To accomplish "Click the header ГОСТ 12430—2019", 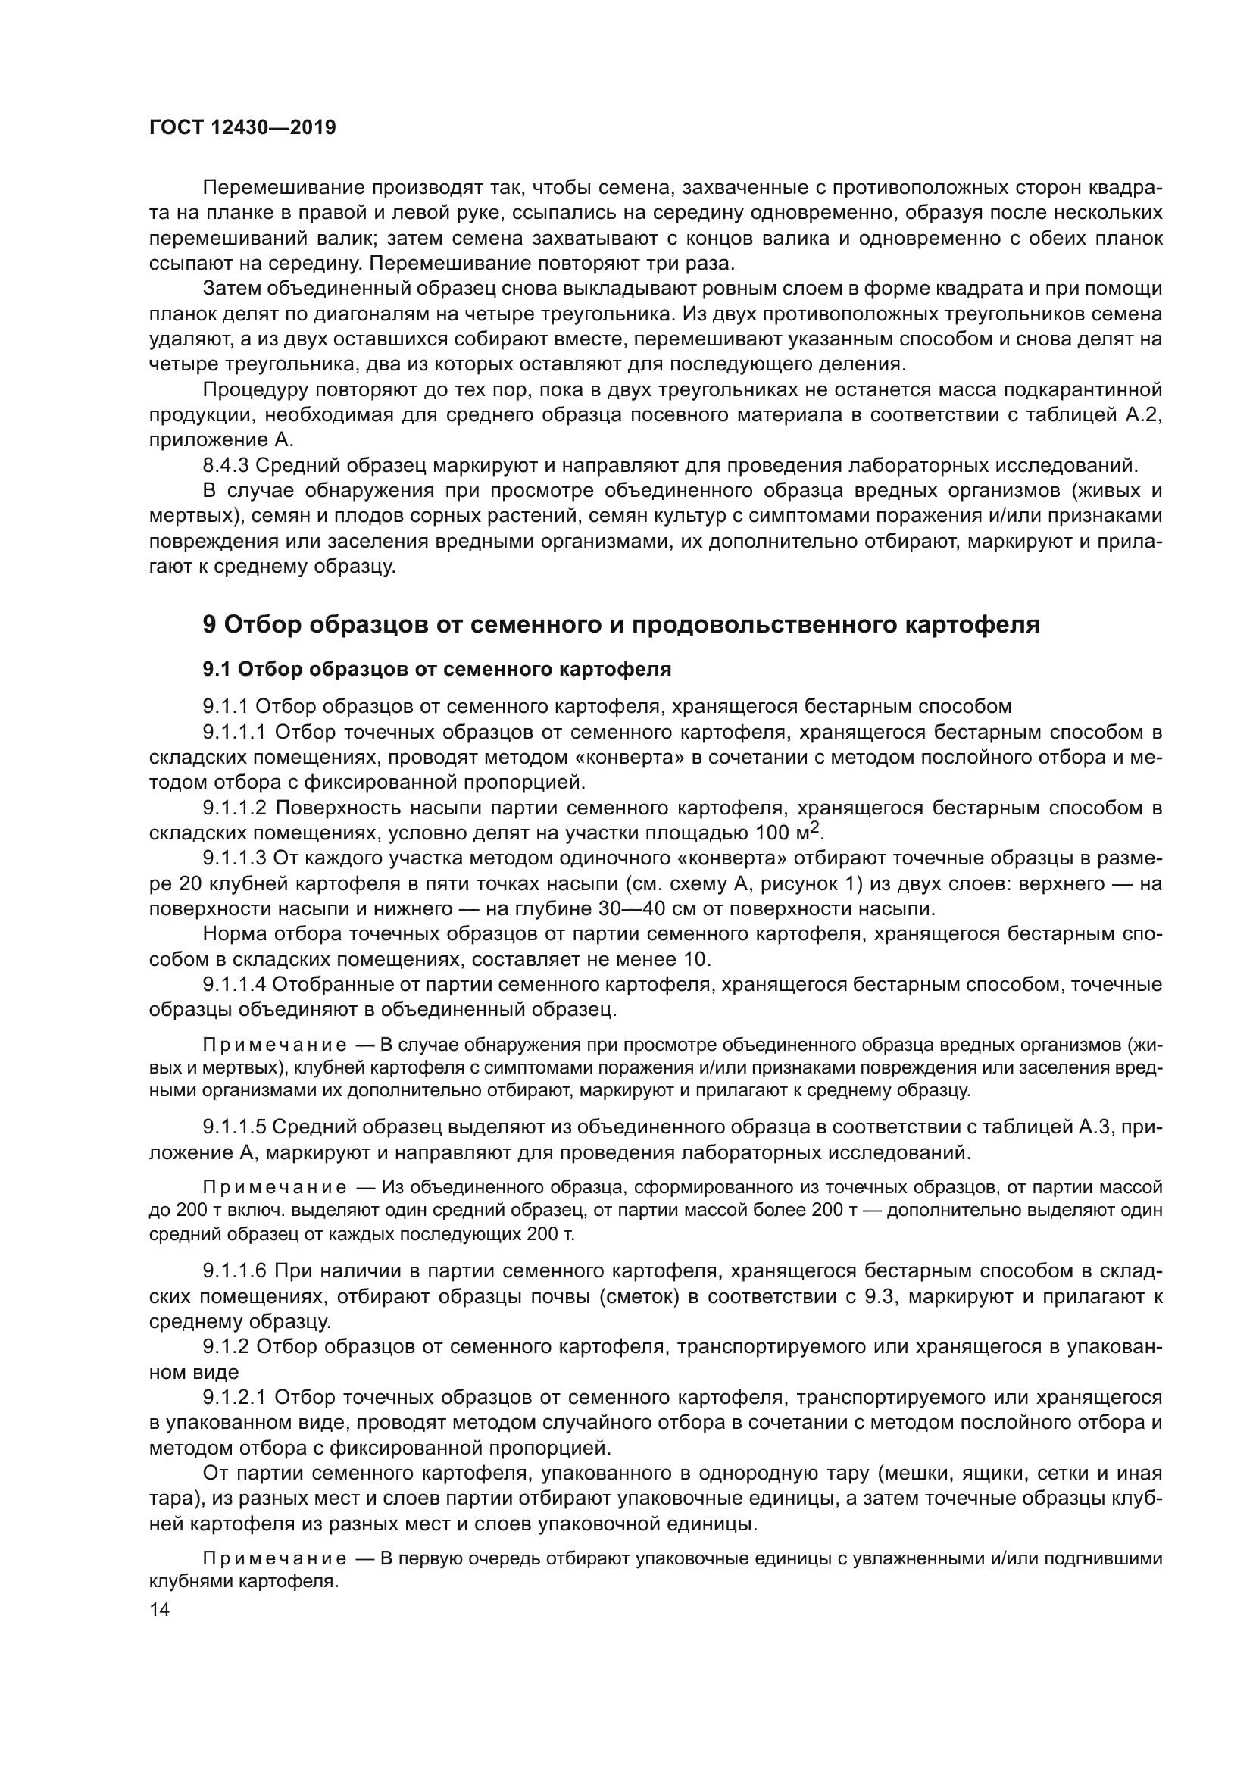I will pos(242,128).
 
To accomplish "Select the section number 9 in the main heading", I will pos(209,624).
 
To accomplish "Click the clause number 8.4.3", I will pos(225,465).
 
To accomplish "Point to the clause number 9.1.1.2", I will pos(235,808).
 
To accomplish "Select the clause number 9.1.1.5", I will pos(235,1149).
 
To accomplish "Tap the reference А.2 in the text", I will pos(1138,414).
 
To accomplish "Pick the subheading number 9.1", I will pos(217,669).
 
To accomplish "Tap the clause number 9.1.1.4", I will pos(235,984).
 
